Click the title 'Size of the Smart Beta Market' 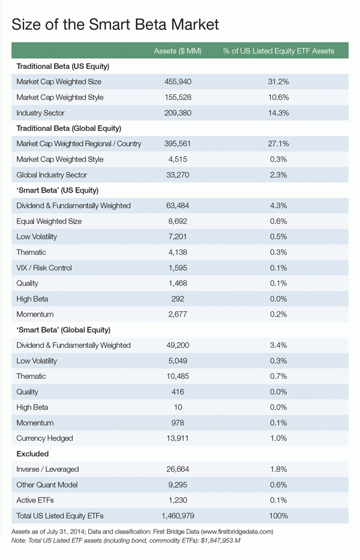[116, 25]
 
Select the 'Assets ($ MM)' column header [177, 50]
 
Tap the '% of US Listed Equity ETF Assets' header [278, 50]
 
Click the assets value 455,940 [177, 82]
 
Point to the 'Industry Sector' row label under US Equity [41, 113]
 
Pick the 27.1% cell [278, 144]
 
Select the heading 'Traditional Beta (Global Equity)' [69, 128]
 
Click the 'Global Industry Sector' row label [52, 175]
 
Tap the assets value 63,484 [177, 206]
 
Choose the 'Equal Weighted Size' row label [49, 221]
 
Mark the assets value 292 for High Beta [177, 299]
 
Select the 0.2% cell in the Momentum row [278, 314]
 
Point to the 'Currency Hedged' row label [44, 438]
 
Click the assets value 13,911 [177, 438]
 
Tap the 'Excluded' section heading [32, 454]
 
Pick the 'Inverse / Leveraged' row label [47, 469]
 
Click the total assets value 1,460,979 [177, 516]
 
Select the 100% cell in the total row [278, 516]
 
